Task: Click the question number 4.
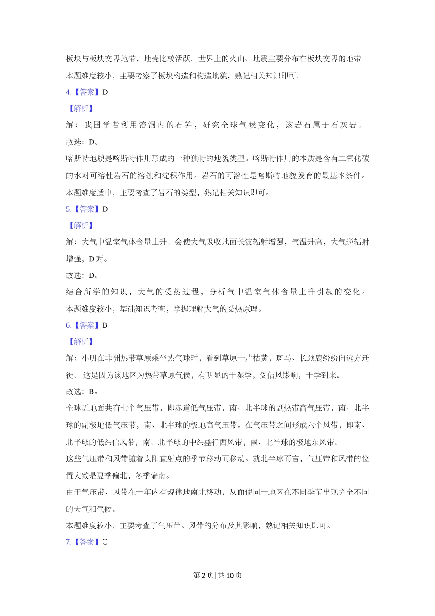point(68,92)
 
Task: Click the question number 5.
point(68,209)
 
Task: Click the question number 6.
point(68,325)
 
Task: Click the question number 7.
point(68,542)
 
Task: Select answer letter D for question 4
point(105,92)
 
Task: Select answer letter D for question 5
point(105,209)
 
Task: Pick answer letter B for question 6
point(105,325)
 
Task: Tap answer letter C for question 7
point(105,542)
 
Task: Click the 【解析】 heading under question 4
point(81,109)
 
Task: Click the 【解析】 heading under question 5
point(81,225)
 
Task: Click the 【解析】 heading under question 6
point(81,341)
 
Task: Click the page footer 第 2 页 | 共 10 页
point(217,575)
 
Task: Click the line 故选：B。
point(82,391)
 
